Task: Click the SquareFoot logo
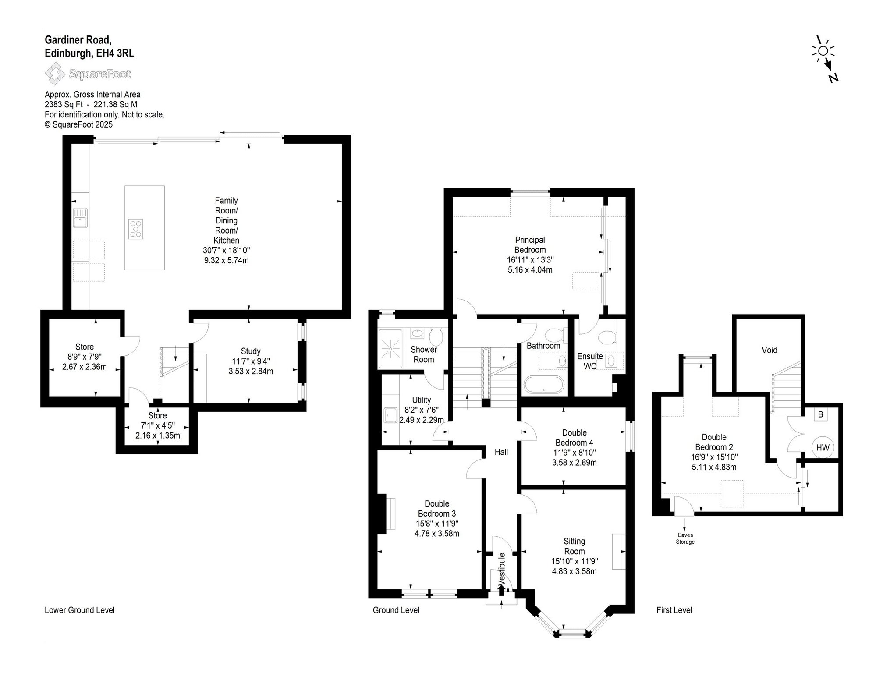pyautogui.click(x=88, y=74)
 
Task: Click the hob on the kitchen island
pyautogui.click(x=136, y=229)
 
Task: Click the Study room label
pyautogui.click(x=251, y=351)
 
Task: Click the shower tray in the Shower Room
pyautogui.click(x=390, y=348)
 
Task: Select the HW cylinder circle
pyautogui.click(x=823, y=447)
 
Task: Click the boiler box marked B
pyautogui.click(x=821, y=414)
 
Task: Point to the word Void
pyautogui.click(x=770, y=351)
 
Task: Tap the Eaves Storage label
pyautogui.click(x=685, y=538)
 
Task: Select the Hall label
pyautogui.click(x=501, y=452)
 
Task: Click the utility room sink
pyautogui.click(x=390, y=415)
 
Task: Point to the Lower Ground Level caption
pyautogui.click(x=80, y=610)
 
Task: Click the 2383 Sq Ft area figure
pyautogui.click(x=64, y=105)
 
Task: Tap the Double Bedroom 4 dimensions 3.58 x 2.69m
pyautogui.click(x=574, y=463)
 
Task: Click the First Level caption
pyautogui.click(x=674, y=610)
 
